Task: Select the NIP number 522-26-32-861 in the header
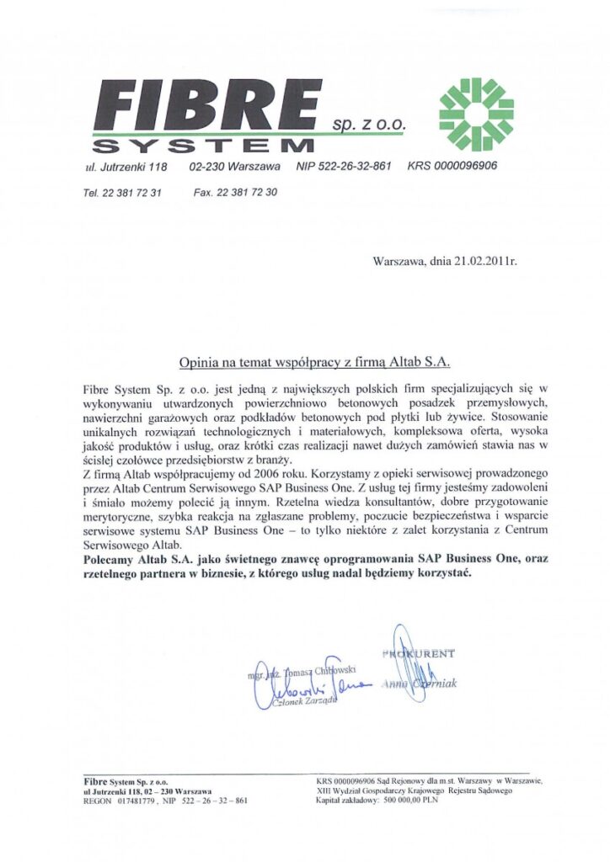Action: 344,166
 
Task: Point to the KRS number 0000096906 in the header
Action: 452,166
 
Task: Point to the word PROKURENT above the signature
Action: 420,652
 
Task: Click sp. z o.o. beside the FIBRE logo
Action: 369,125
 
